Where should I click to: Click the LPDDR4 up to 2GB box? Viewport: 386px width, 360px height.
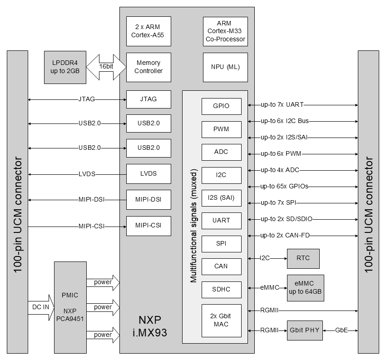coord(65,67)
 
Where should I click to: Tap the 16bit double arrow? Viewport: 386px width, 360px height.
coord(106,67)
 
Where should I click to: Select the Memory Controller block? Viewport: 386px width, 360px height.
coord(148,67)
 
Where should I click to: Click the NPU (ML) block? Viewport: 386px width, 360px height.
coord(225,67)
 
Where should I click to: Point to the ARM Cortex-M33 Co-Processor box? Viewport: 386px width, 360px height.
coord(225,31)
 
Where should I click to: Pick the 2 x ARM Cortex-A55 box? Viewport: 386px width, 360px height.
coord(148,31)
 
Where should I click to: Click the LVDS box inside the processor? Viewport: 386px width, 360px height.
coord(148,173)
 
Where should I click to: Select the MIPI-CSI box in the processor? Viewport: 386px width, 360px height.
coord(148,225)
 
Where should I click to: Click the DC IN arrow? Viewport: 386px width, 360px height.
coord(40,307)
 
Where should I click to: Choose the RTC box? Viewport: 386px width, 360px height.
coord(303,258)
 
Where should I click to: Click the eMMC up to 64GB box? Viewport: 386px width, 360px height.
coord(305,288)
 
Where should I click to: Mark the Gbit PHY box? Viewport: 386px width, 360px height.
coord(305,330)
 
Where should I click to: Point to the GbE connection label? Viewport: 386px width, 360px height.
coord(341,330)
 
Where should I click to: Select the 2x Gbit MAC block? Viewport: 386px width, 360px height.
coord(222,320)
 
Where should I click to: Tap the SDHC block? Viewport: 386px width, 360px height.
coord(222,289)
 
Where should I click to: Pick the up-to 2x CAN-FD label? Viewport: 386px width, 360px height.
coord(285,235)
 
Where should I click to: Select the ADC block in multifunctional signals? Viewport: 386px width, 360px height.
coord(222,152)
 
